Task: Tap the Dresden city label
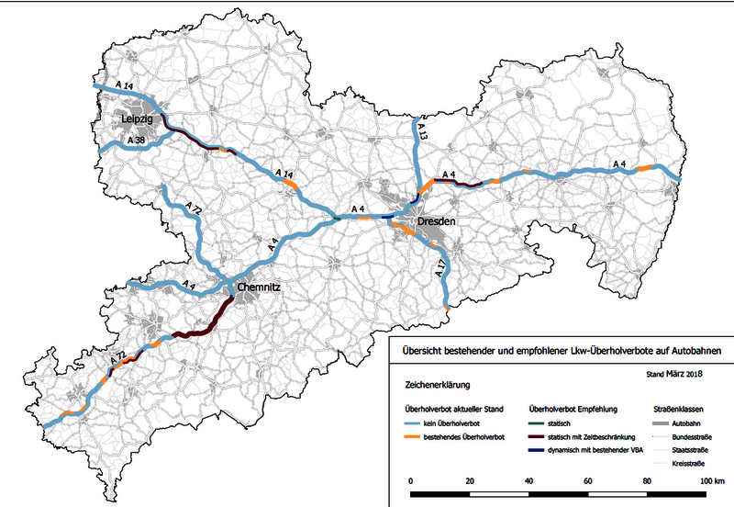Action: click(x=436, y=222)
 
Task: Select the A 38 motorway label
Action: click(x=134, y=141)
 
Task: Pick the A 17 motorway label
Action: click(x=440, y=269)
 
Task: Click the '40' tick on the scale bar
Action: click(x=529, y=481)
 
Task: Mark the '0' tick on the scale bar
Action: click(x=411, y=481)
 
